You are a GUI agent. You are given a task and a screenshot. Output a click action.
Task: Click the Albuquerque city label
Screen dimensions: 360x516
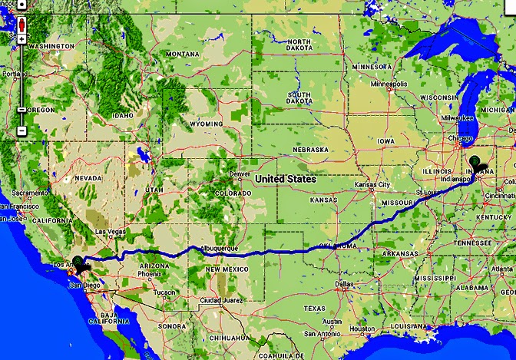pyautogui.click(x=218, y=249)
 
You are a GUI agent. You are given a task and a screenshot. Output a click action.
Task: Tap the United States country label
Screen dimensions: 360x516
pyautogui.click(x=286, y=179)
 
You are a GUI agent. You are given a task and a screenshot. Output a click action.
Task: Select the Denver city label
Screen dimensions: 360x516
pyautogui.click(x=240, y=173)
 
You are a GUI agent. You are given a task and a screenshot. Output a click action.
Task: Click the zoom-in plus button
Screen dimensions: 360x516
pyautogui.click(x=21, y=38)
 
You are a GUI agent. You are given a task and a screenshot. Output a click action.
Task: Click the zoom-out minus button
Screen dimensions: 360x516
pyautogui.click(x=21, y=130)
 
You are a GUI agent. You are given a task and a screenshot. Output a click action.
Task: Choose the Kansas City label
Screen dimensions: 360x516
pyautogui.click(x=372, y=186)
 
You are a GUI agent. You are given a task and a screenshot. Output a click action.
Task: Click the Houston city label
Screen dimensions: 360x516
pyautogui.click(x=361, y=328)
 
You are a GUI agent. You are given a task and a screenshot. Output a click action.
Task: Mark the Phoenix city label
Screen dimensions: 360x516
pyautogui.click(x=150, y=273)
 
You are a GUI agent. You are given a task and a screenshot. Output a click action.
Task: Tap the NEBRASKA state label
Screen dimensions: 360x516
pyautogui.click(x=311, y=149)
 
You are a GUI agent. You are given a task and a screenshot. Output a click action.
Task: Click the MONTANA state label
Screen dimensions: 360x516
pyautogui.click(x=182, y=54)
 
